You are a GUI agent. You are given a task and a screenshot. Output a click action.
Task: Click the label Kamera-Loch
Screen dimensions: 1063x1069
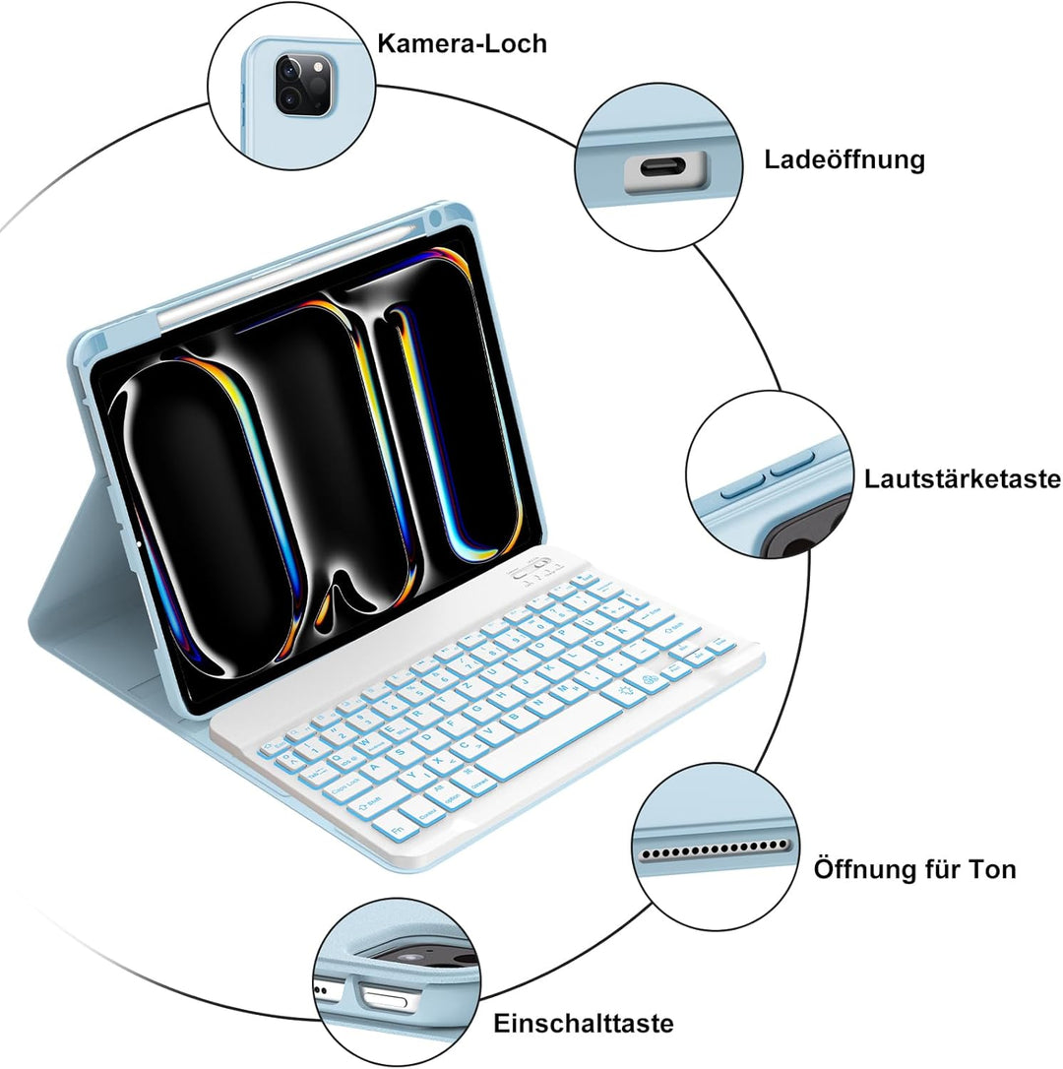coord(462,43)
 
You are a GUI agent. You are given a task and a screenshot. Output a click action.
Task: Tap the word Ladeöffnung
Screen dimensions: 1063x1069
coord(844,159)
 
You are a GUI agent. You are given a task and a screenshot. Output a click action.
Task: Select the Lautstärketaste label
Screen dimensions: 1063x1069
coord(962,478)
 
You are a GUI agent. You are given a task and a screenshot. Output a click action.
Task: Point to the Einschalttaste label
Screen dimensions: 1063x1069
coord(583,1023)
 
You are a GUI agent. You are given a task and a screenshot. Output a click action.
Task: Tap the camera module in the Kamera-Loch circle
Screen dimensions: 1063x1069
coord(303,87)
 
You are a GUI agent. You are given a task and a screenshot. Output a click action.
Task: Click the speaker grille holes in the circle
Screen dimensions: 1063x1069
coord(714,849)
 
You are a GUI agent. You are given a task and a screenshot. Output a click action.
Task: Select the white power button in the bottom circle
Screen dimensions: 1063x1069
coord(385,1000)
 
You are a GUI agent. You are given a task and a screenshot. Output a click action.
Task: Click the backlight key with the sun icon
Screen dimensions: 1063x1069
coord(625,691)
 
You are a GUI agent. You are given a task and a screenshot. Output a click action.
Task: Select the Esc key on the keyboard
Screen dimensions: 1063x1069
coord(275,748)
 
